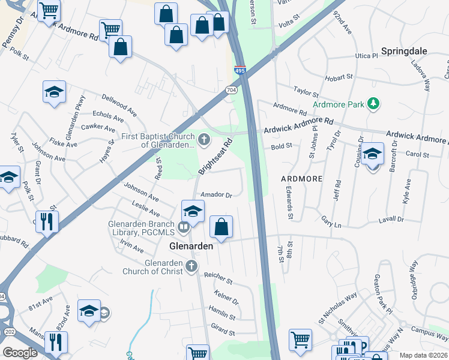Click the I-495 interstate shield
tap(240, 71)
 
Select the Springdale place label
tap(404, 51)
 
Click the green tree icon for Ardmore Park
tap(373, 104)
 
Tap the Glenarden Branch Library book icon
tap(184, 227)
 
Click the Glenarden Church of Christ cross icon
tap(191, 266)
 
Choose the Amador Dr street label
tap(216, 194)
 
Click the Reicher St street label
tap(218, 277)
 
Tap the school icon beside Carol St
tap(372, 154)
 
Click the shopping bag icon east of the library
tap(221, 227)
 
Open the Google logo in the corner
tap(20, 353)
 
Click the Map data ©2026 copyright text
tap(423, 355)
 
